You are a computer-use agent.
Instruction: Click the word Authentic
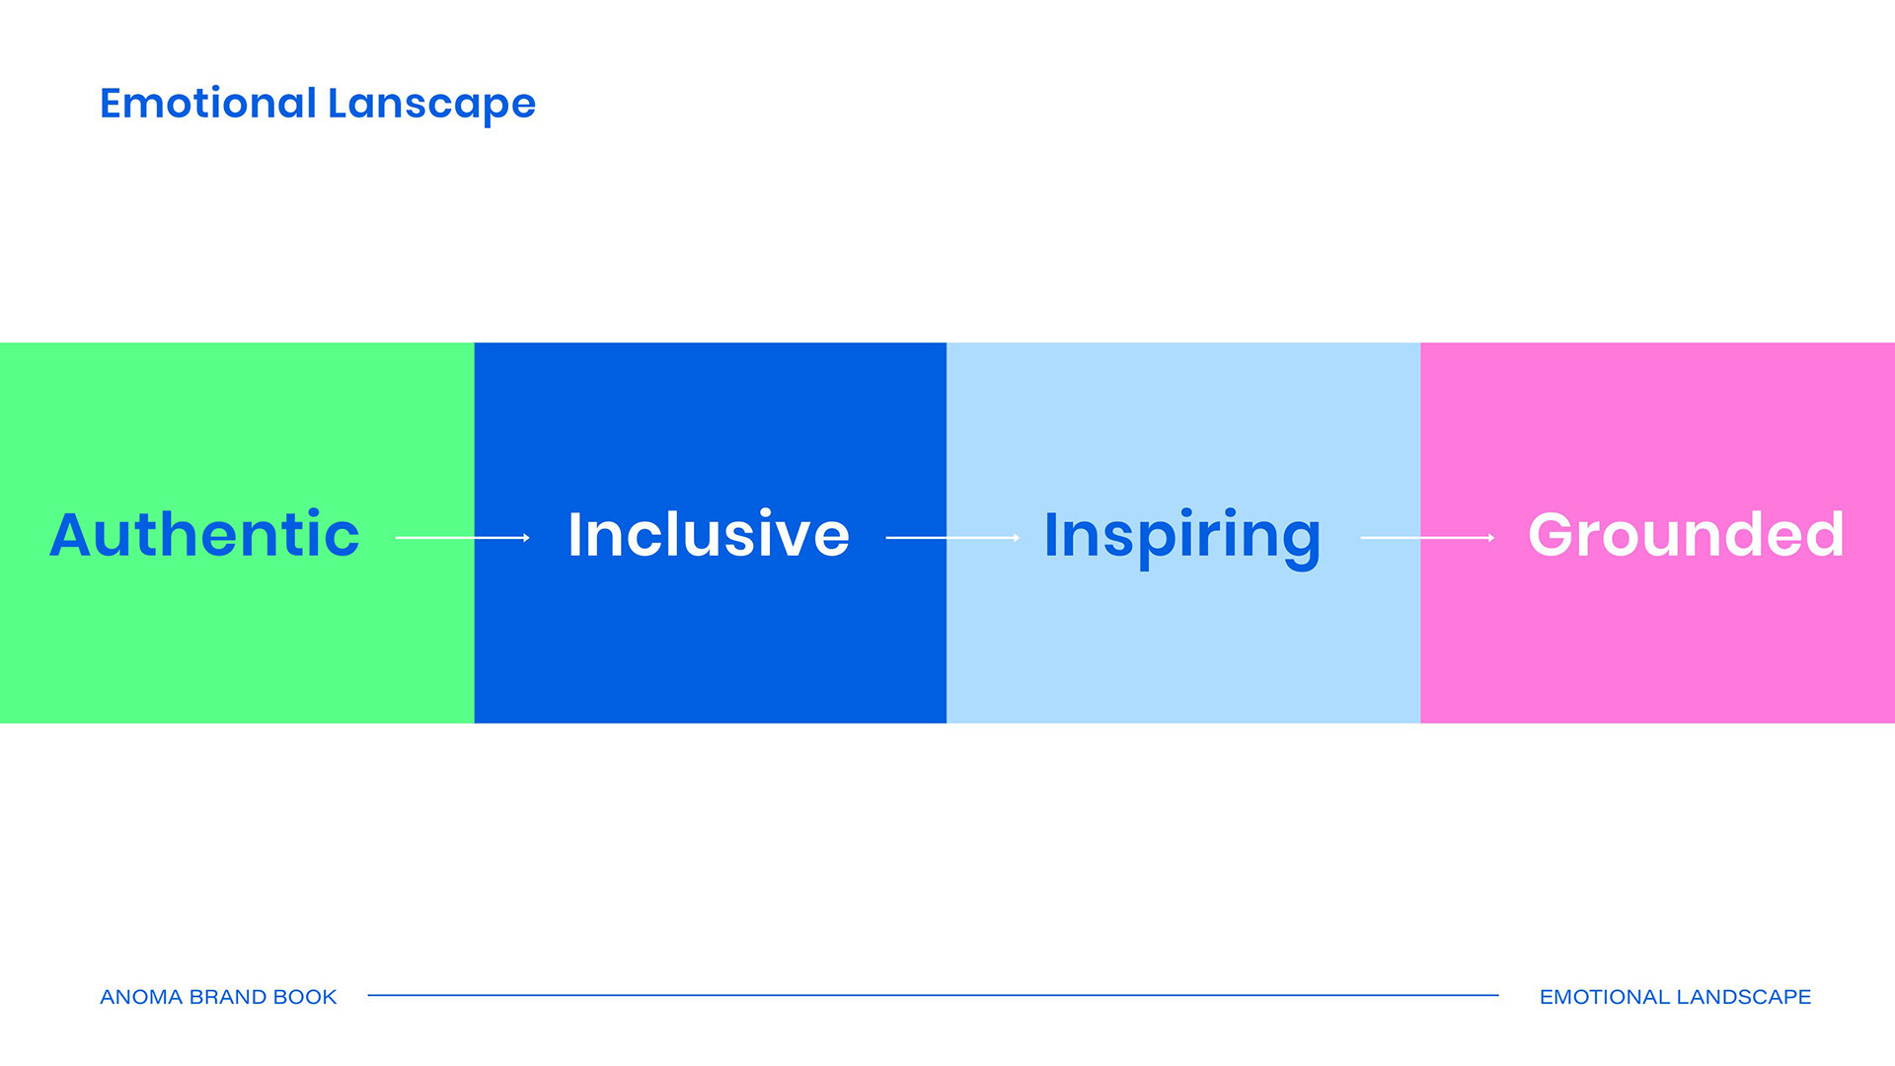[204, 534]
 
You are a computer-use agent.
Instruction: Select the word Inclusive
[709, 534]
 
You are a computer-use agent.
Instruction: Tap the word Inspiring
[1182, 539]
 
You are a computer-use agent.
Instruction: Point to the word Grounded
[1686, 534]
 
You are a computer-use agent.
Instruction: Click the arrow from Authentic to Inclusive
[463, 538]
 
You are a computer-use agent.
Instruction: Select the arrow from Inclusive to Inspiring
[953, 538]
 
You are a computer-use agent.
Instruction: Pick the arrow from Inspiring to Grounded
[1428, 538]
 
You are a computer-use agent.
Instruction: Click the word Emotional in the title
[208, 103]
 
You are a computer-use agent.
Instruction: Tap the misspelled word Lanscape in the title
[431, 105]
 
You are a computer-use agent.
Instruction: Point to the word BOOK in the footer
[305, 997]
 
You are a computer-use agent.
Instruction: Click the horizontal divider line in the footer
[933, 995]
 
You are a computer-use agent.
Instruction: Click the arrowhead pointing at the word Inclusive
[527, 538]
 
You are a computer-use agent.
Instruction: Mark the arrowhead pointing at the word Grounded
[1492, 538]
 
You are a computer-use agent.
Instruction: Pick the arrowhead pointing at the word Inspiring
[1018, 538]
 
